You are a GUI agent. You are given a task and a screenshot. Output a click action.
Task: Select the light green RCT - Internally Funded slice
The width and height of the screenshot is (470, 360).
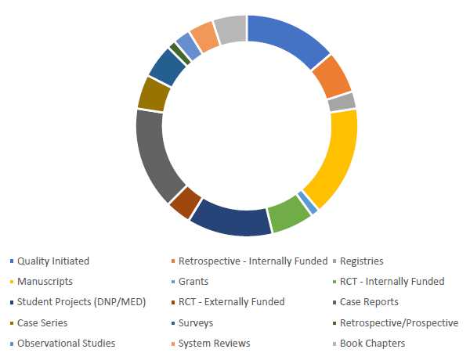tap(288, 214)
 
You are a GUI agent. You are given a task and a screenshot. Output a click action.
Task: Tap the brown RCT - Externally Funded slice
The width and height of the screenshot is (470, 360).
tap(185, 202)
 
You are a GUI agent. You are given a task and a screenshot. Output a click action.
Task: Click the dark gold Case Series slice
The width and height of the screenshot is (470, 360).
tap(154, 94)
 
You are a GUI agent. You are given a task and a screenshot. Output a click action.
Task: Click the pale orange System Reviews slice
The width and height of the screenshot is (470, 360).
tap(204, 36)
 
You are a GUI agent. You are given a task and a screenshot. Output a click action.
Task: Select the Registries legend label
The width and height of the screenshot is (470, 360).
tap(361, 261)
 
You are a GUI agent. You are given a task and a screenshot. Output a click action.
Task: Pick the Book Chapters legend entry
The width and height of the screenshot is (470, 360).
tap(374, 343)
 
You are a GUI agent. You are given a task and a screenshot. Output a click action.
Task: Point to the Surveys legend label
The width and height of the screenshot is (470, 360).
tap(196, 322)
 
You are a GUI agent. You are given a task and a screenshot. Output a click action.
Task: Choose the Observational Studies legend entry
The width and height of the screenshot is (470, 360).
tap(66, 343)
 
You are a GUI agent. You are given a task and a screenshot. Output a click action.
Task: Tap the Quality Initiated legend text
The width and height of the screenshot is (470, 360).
tap(53, 261)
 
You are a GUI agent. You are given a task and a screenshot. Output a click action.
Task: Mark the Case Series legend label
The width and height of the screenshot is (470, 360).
tap(42, 322)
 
